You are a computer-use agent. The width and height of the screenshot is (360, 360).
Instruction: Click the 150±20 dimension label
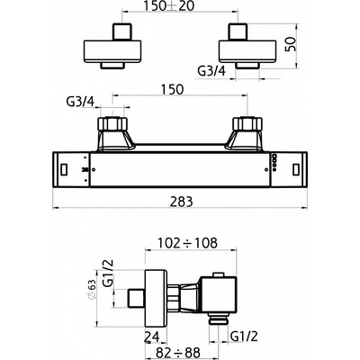[169, 6]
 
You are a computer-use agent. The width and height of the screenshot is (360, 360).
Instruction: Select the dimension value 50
[291, 44]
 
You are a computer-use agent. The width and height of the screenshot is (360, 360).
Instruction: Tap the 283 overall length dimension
[181, 202]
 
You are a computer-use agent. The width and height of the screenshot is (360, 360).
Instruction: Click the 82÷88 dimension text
[176, 353]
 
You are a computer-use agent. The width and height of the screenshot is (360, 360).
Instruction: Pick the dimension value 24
[152, 337]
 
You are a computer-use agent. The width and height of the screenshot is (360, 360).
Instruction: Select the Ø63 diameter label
[92, 289]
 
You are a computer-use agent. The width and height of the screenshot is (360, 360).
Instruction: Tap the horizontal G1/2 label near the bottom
[245, 337]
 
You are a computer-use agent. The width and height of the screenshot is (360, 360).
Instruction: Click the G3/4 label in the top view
[211, 71]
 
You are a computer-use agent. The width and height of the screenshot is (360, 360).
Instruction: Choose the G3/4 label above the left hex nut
[80, 102]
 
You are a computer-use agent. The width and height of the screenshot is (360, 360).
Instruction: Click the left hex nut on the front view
[112, 123]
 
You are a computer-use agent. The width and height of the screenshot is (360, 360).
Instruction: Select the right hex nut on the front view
[247, 123]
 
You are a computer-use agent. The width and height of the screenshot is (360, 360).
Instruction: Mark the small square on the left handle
[64, 170]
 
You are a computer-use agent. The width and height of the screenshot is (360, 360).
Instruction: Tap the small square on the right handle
[296, 170]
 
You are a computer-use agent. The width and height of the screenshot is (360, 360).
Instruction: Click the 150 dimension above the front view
[172, 89]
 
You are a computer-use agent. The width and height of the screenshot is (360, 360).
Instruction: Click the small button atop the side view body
[218, 274]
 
